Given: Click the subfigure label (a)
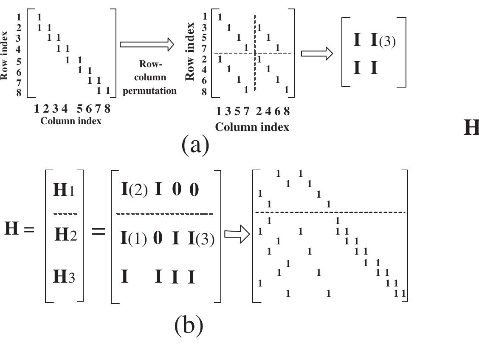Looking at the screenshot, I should [195, 145].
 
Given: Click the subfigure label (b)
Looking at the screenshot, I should [189, 326].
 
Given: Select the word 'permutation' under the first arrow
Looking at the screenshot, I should [149, 91].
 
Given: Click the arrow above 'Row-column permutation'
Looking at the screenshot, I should [147, 45].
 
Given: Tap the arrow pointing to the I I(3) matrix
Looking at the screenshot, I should [317, 53].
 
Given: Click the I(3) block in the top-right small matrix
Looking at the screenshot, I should [383, 41].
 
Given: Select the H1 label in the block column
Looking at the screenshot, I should [64, 190].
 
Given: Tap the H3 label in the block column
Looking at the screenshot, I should [64, 277].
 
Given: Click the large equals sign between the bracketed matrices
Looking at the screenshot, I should [99, 232].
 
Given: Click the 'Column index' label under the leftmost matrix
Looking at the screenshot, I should [71, 121].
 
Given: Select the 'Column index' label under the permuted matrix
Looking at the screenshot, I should [252, 127].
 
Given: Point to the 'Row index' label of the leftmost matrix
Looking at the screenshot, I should [5, 55].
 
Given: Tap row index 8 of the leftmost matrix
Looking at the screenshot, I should [19, 93].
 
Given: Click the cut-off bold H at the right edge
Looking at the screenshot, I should [471, 128].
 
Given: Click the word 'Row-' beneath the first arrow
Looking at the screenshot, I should [150, 64].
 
